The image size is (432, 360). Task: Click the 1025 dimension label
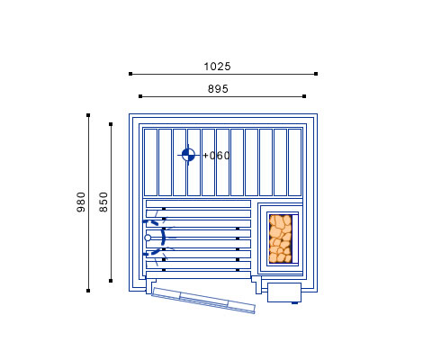(217, 67)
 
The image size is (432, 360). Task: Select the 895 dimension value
(218, 89)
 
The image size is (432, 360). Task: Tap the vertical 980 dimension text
(81, 202)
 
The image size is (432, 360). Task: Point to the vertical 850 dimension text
(103, 202)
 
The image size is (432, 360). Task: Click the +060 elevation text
(216, 156)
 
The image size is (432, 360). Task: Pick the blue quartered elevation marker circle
(188, 155)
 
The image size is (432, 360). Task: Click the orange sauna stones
(280, 238)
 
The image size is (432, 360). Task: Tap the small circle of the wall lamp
(148, 238)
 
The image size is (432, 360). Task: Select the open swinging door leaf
(203, 301)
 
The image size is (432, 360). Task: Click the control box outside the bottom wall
(284, 292)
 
